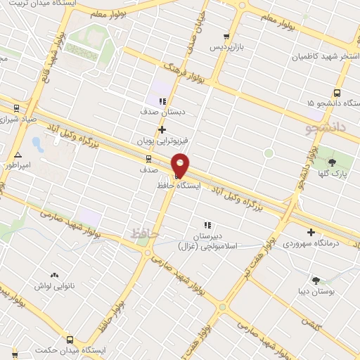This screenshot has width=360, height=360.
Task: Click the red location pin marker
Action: tap(180, 165)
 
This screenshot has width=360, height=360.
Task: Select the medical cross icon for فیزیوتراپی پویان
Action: tap(162, 129)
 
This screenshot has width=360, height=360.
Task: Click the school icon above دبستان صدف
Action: tap(162, 101)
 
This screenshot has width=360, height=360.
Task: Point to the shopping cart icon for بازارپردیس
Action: tap(226, 37)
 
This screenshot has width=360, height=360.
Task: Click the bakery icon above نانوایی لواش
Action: tap(54, 276)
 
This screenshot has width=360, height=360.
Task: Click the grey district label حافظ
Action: tap(146, 232)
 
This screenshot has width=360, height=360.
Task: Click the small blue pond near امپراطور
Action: tap(37, 146)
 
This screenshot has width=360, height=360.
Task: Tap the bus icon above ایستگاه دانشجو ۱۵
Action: tap(337, 92)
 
